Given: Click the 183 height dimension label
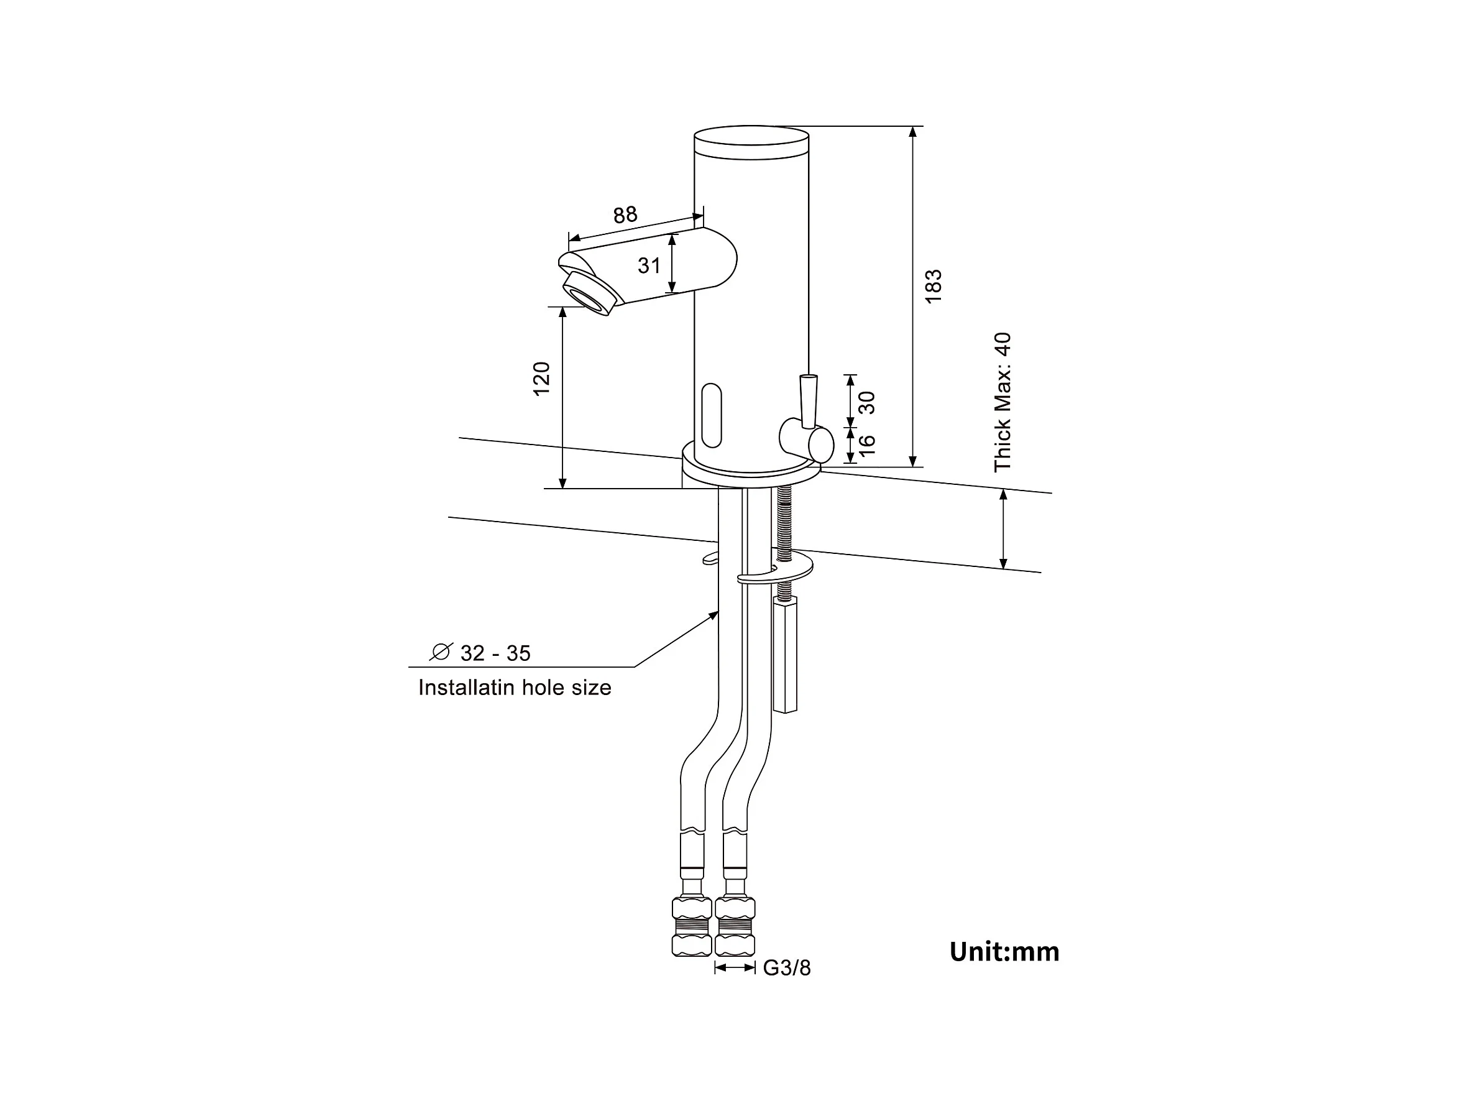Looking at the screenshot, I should (x=933, y=287).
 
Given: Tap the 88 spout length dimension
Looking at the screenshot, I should (x=625, y=215).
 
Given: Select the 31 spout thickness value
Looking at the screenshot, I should (x=649, y=265).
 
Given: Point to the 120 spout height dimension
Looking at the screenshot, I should (x=542, y=379).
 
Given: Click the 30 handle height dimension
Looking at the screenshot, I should (x=867, y=402).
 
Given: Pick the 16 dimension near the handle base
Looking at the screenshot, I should (x=867, y=445).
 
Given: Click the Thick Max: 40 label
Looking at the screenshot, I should (x=1002, y=402).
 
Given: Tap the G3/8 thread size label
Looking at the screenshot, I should (x=786, y=968).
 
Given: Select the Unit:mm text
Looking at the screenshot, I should (x=1004, y=952).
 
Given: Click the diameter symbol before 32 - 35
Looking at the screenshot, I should (x=441, y=652).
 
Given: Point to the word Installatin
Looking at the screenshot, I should (x=466, y=688).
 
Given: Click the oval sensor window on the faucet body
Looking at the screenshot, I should (x=712, y=415).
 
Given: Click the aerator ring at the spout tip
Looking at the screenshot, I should (x=589, y=294).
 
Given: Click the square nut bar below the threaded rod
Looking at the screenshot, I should (x=785, y=653).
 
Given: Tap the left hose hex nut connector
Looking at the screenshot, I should (x=692, y=926).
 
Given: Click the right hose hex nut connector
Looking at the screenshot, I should (x=735, y=926).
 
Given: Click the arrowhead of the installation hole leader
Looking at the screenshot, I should (x=715, y=614).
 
